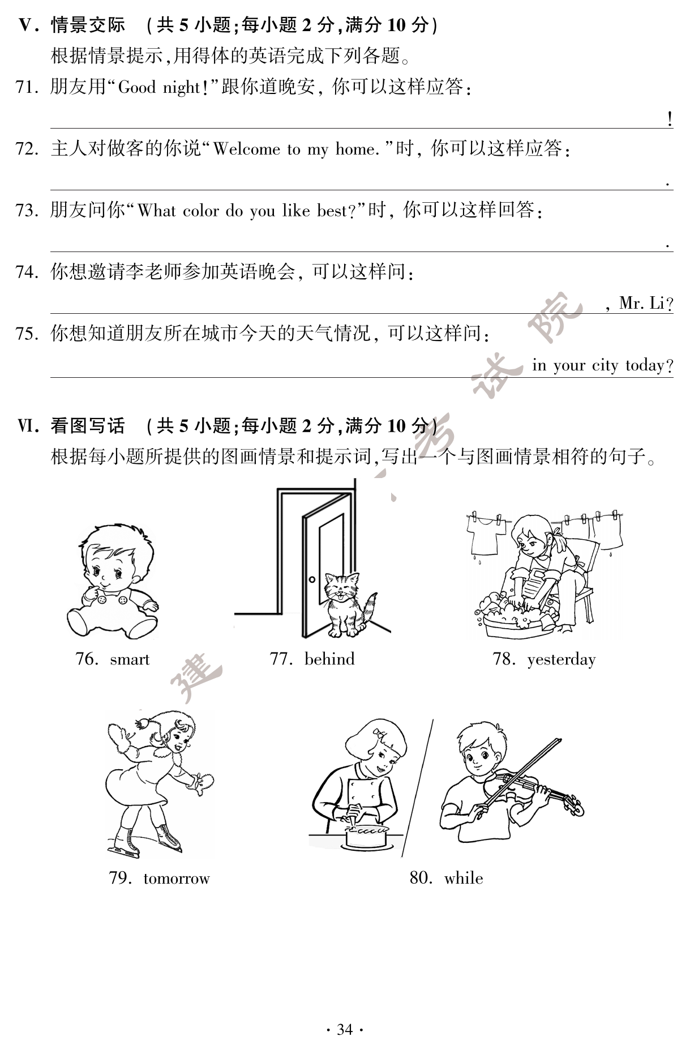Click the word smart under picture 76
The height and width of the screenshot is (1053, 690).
(x=130, y=659)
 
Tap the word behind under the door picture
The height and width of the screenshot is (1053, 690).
(x=329, y=659)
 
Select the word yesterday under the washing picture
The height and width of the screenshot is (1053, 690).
(x=561, y=660)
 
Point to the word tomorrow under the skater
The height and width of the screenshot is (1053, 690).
(x=176, y=879)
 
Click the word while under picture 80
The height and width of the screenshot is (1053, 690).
(x=464, y=878)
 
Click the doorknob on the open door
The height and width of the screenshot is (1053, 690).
(x=312, y=579)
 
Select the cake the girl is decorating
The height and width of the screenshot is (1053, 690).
(x=366, y=837)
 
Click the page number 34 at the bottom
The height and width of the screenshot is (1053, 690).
(x=345, y=1029)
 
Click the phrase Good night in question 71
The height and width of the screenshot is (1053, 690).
(x=159, y=87)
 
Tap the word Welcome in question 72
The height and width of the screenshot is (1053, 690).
(x=246, y=149)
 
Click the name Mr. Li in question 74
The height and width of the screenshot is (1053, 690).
(x=641, y=303)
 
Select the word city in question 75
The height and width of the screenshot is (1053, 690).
(x=605, y=365)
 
